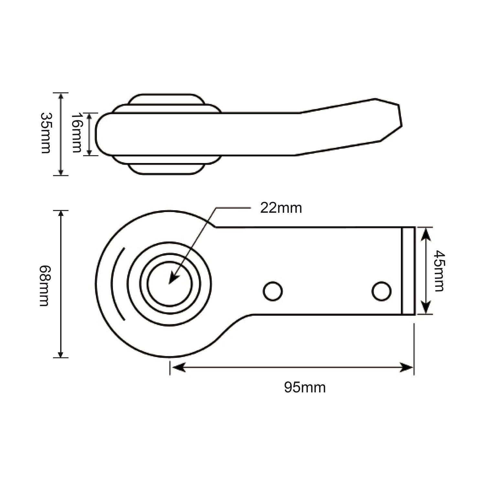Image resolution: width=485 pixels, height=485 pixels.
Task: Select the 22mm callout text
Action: tap(281, 208)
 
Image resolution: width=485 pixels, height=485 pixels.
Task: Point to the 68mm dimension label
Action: tap(44, 286)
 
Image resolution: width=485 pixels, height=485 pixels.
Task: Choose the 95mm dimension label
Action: tap(305, 387)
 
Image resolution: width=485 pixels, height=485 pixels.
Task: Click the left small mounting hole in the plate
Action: tap(273, 291)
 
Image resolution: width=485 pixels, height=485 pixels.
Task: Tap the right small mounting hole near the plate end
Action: tap(382, 291)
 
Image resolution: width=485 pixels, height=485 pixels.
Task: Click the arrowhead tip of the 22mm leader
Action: tap(170, 283)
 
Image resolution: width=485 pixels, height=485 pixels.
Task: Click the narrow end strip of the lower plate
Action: tap(408, 271)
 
